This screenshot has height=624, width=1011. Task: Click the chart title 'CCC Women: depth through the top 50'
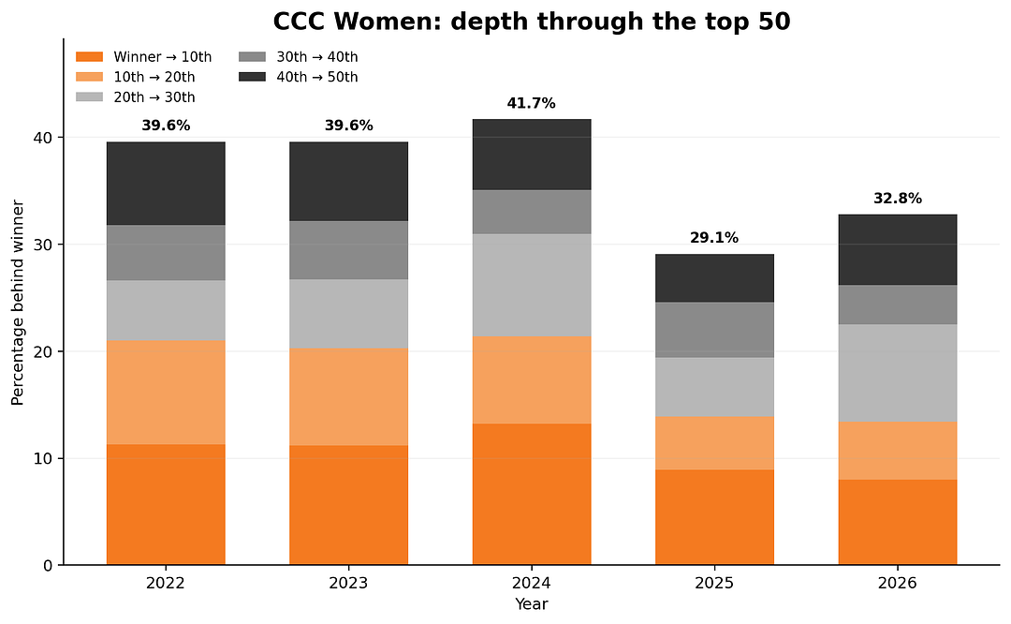(532, 22)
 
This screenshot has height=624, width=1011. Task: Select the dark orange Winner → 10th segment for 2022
(166, 505)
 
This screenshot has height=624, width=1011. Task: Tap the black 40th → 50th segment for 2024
(532, 155)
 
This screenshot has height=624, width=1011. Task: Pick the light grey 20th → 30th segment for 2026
(898, 373)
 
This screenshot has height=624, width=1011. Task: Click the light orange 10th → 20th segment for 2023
(349, 397)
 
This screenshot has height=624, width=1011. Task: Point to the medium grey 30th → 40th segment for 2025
(714, 330)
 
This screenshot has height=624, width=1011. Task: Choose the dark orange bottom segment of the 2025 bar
(714, 517)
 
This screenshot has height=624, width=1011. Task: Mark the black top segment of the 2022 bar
(166, 184)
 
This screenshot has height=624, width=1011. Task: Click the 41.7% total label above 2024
(532, 103)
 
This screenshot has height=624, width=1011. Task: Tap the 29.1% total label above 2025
(714, 237)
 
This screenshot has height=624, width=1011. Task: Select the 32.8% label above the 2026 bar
(898, 198)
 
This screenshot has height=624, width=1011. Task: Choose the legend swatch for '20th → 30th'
(89, 97)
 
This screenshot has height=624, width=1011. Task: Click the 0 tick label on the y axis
(49, 565)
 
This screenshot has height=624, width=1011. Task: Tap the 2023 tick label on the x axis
(349, 584)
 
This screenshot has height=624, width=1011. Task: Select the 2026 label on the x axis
(898, 584)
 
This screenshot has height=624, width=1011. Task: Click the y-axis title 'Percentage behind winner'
(18, 303)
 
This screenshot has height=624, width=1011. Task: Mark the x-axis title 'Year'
(532, 604)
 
